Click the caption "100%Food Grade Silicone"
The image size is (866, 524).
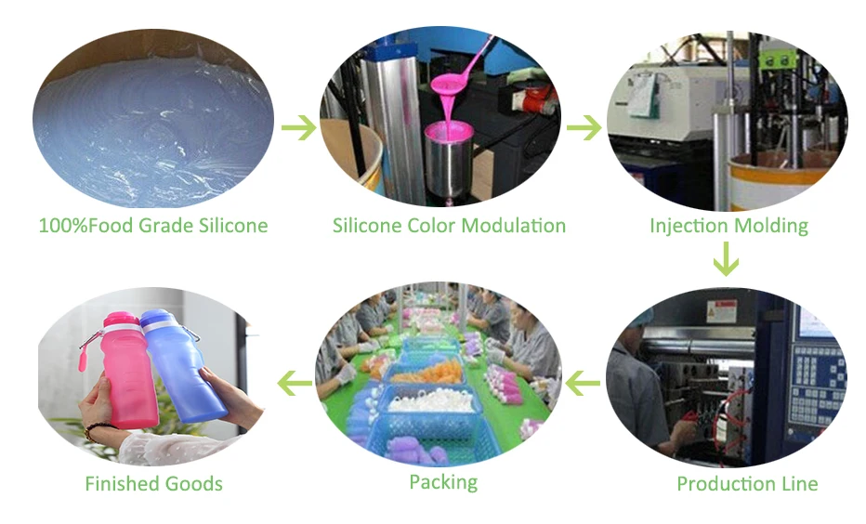(x=153, y=225)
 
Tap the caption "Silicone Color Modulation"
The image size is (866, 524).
(x=449, y=225)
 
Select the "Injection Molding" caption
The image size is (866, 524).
(x=728, y=225)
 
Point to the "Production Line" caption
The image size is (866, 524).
(x=747, y=483)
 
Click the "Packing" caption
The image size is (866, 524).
(x=443, y=481)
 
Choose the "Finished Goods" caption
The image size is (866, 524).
(x=153, y=483)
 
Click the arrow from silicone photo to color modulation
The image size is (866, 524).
(x=299, y=128)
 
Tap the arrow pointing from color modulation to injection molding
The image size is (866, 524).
(x=584, y=128)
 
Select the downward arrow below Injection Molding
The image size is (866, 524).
(x=726, y=259)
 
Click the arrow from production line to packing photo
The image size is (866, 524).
(x=584, y=380)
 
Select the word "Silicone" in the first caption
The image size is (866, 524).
(x=231, y=225)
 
